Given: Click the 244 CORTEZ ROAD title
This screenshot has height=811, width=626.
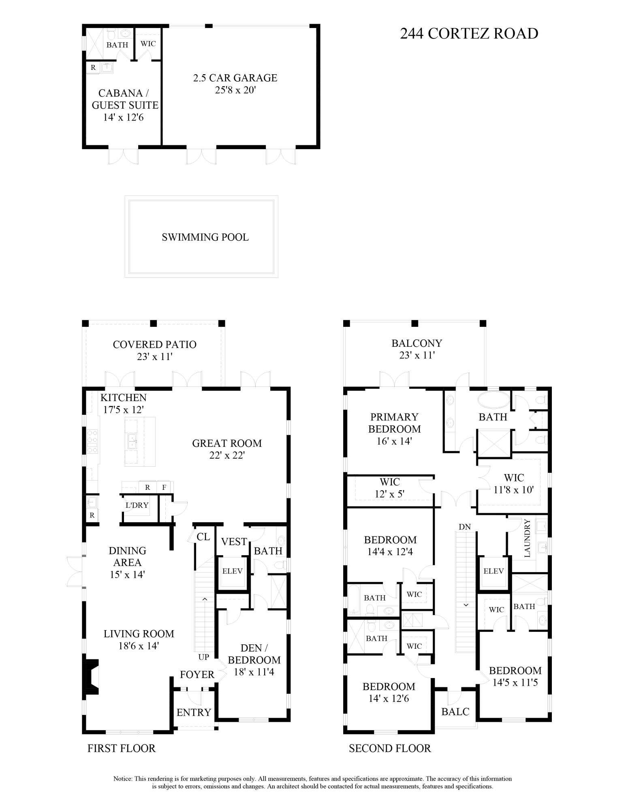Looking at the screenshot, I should click(x=469, y=34).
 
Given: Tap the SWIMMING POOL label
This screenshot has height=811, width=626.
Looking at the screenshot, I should click(x=205, y=237).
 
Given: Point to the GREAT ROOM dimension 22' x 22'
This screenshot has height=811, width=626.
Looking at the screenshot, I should click(x=227, y=455).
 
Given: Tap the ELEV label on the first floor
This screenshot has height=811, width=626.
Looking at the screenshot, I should click(x=232, y=571).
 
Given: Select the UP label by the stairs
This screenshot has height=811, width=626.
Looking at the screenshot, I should click(x=203, y=657).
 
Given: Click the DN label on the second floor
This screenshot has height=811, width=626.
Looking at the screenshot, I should click(x=464, y=527).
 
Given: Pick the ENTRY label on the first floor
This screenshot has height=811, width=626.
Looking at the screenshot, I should click(x=194, y=712).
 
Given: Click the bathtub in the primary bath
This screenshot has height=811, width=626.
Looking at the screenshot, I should click(x=494, y=400).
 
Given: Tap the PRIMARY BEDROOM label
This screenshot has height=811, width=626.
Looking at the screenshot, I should click(x=394, y=423).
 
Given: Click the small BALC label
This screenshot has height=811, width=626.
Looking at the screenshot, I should click(x=455, y=712).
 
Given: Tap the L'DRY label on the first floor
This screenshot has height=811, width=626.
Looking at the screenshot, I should click(x=137, y=505).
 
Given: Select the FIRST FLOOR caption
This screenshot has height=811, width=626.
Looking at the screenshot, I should click(x=121, y=748).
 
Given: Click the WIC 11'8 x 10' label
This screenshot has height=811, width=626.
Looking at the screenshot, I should click(x=514, y=483).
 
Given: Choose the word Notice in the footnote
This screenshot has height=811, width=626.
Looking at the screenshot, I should click(x=122, y=779).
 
